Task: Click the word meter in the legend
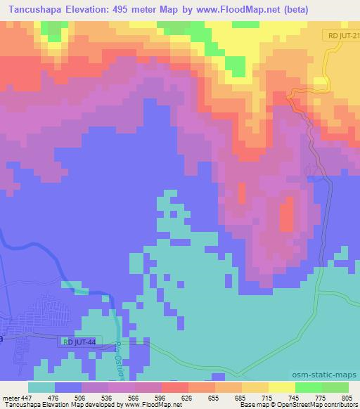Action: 11,398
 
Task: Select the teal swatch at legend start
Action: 41,388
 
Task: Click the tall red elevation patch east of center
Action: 287,215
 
